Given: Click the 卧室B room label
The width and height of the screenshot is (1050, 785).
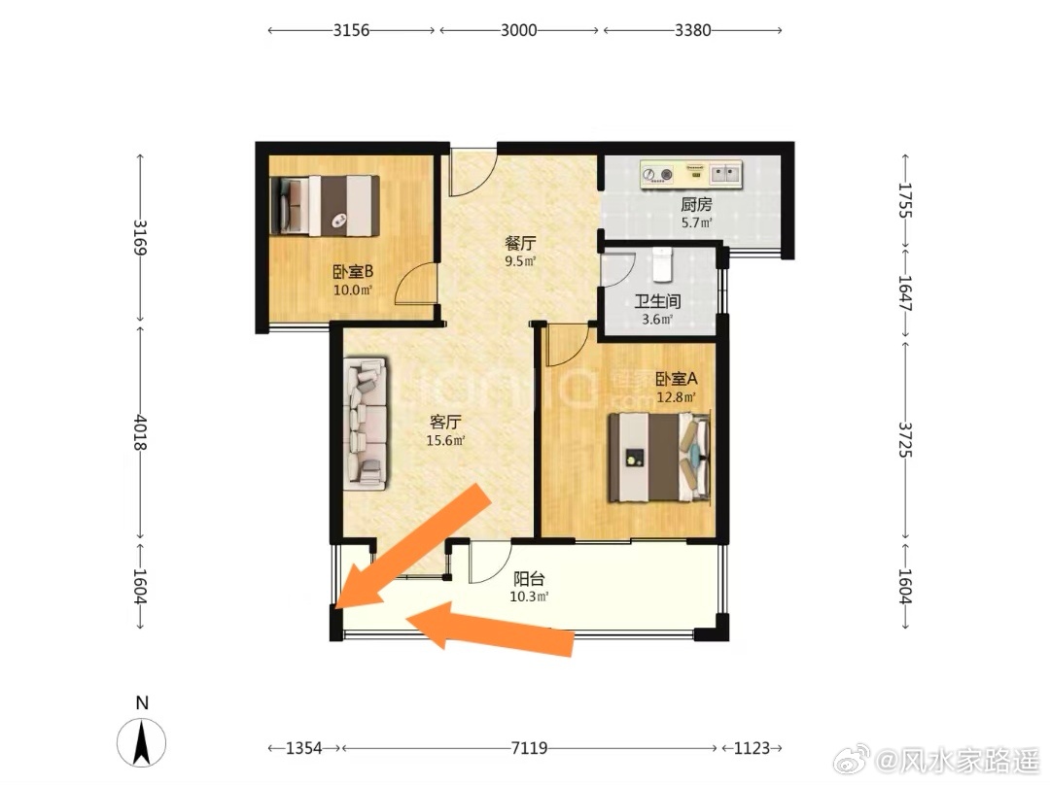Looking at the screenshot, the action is [x=353, y=272].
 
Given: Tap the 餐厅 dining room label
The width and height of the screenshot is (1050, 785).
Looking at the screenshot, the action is [x=520, y=242].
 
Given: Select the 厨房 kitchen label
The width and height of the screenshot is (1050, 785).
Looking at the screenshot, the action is [x=696, y=204].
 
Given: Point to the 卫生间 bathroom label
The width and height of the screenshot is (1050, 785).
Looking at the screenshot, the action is [x=657, y=300].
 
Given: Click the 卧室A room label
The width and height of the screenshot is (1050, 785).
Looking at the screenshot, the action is [x=677, y=378].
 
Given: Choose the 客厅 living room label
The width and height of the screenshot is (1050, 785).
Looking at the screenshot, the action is [x=445, y=422].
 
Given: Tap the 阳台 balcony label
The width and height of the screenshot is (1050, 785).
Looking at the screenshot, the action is [x=529, y=578].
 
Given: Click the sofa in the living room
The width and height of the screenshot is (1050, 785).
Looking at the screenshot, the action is [x=366, y=423].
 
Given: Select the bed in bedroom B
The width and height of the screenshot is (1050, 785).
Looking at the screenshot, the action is [x=325, y=205].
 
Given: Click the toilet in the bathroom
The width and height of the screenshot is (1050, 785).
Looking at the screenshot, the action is [x=662, y=264].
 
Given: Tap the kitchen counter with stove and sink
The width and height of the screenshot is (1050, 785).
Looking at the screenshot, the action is [x=692, y=174].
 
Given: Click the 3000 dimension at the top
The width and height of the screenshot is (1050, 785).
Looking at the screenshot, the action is [x=519, y=30].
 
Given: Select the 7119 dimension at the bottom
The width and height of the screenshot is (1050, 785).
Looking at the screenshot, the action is [x=529, y=747].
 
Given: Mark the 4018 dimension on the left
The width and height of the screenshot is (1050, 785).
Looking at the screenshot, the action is [x=140, y=432].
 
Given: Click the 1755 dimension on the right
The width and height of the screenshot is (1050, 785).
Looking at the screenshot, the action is [x=905, y=200].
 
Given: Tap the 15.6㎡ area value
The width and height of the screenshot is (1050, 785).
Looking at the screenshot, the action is [x=445, y=440].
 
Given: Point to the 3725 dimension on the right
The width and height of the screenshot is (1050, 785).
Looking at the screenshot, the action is [x=905, y=440].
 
